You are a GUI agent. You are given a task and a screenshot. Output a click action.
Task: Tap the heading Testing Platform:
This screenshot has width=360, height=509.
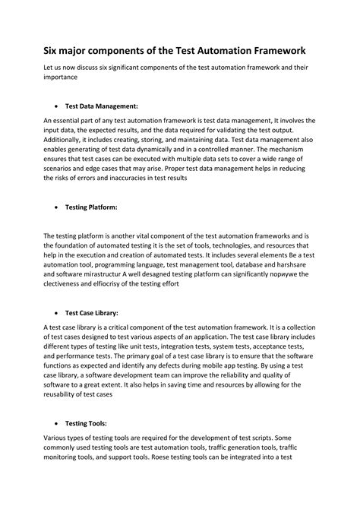coord(91,206)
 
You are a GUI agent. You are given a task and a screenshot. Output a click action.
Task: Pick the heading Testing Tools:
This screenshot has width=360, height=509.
coord(86,423)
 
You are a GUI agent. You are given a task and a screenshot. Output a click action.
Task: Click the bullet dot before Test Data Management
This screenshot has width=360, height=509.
coord(58,107)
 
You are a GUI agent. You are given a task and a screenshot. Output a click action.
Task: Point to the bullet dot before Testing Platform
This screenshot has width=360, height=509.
coord(58,207)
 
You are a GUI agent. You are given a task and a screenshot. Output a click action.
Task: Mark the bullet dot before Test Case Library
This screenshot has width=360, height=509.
coord(58,312)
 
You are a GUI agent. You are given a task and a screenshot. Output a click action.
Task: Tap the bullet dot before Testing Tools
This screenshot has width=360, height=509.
coord(58,424)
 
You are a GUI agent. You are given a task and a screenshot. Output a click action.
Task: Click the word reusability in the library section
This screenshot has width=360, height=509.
coord(67,395)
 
